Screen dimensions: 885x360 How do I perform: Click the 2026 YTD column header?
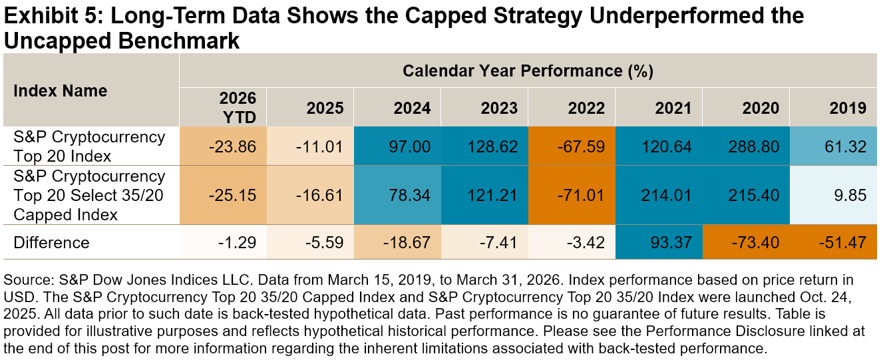(238, 108)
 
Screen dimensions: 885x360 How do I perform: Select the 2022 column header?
(586, 108)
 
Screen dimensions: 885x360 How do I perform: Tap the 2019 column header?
(848, 108)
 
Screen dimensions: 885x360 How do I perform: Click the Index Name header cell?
(61, 91)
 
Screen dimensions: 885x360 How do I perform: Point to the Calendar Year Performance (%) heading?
(528, 71)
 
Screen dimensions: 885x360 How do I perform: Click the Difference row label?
(51, 242)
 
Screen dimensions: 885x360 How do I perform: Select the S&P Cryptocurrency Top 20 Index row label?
(89, 146)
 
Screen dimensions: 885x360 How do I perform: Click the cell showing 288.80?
(754, 146)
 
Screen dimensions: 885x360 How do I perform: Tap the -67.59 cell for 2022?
(581, 146)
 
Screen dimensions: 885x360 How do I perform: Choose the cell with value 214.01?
(666, 195)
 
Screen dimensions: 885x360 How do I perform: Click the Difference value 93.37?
(671, 242)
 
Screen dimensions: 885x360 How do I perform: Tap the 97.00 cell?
(410, 146)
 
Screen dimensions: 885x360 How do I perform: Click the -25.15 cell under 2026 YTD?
(232, 195)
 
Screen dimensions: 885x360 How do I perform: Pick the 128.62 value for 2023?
(492, 146)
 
